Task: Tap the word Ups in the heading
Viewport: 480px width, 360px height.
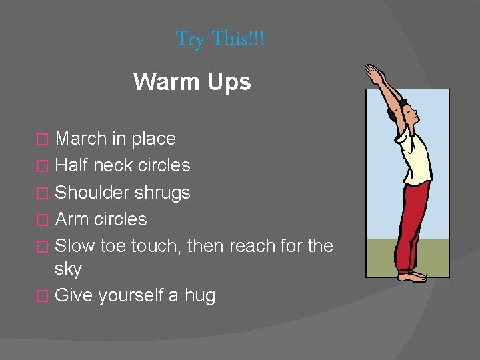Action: pos(229,82)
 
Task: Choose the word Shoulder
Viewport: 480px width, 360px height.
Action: pos(93,193)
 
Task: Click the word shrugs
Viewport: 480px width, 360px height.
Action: pos(163,193)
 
